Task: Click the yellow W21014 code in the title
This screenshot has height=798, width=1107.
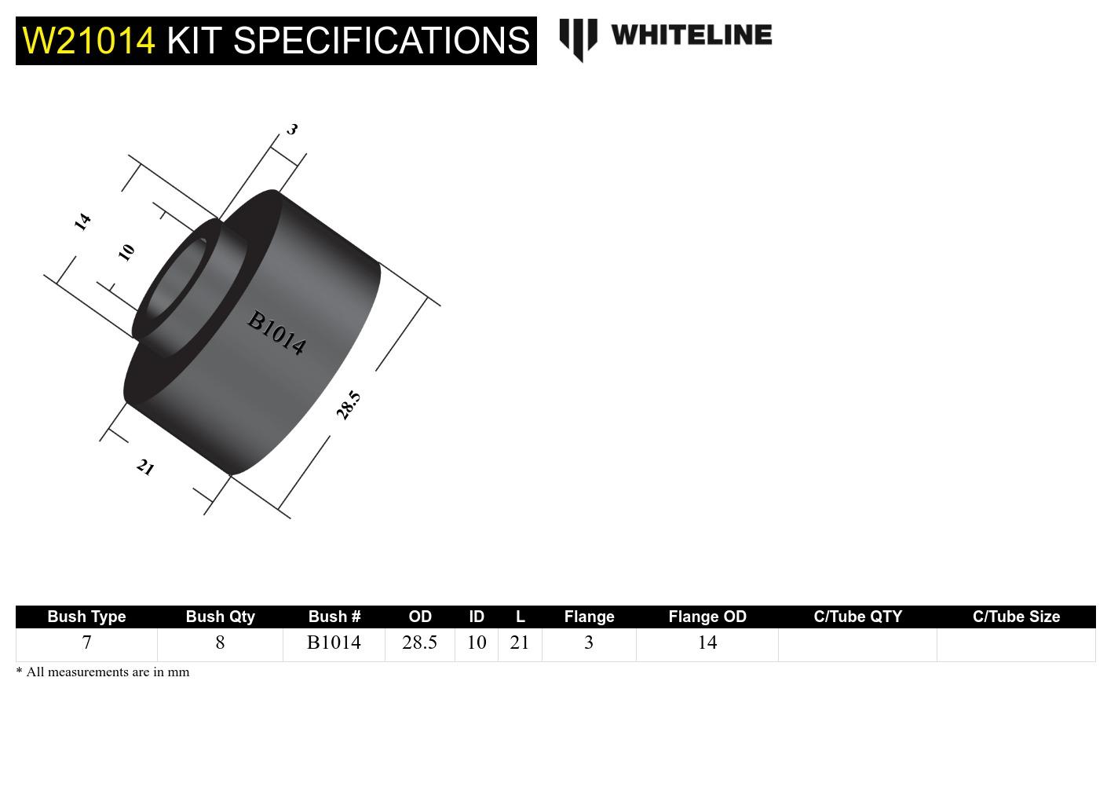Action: [89, 41]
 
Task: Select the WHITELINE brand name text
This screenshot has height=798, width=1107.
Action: [691, 35]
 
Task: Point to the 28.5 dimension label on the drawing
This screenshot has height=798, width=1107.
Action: [348, 404]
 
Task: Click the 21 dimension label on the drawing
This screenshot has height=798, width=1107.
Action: [145, 467]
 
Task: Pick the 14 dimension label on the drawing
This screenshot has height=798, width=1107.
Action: [82, 221]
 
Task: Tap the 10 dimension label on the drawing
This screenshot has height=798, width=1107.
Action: [126, 252]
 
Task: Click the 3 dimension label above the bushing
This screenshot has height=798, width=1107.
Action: [292, 129]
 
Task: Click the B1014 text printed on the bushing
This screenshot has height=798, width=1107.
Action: [276, 333]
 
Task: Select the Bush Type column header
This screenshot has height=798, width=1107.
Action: [86, 617]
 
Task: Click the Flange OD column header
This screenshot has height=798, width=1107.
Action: [707, 617]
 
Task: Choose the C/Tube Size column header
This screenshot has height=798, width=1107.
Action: [1016, 617]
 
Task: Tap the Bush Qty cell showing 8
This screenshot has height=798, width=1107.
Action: [220, 642]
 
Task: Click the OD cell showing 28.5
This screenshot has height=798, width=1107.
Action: [419, 642]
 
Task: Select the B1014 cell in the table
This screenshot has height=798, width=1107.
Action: [334, 642]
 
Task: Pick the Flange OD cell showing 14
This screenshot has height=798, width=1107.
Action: [707, 642]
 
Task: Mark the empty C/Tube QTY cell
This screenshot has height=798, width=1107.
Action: [857, 644]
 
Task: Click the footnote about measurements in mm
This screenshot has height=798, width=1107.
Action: [103, 672]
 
